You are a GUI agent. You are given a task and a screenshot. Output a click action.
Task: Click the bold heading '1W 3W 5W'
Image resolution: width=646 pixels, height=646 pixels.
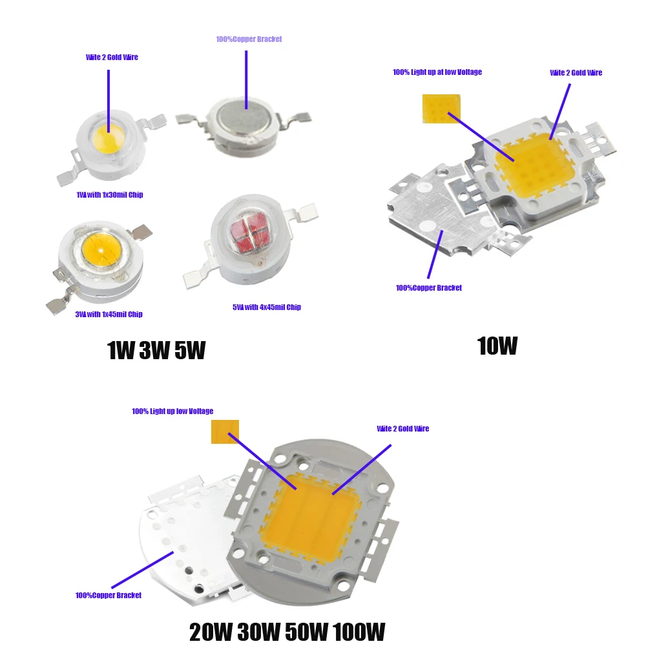coord(156,351)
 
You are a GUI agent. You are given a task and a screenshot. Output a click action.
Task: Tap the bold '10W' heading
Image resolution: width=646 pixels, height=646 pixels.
coord(497,346)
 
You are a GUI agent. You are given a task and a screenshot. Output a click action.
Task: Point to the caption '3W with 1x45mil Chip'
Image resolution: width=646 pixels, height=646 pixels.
coord(109,315)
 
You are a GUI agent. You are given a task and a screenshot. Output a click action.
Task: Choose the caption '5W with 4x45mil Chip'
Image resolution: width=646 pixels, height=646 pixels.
coord(267,307)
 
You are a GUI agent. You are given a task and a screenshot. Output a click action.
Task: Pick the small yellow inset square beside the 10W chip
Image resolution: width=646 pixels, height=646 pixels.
coord(441,109)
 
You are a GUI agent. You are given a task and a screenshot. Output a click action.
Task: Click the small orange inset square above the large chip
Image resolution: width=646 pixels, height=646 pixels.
coord(225,432)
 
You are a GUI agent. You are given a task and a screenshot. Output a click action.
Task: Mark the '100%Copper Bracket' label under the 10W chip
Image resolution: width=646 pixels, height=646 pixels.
coord(429,288)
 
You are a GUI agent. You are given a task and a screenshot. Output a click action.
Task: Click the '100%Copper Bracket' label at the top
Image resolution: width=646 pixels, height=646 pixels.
coord(249,39)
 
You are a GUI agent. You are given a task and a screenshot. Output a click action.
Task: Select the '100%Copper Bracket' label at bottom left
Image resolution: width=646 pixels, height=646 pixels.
coord(109,596)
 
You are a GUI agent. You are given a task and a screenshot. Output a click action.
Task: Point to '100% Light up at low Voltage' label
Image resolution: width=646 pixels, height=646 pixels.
coord(437,72)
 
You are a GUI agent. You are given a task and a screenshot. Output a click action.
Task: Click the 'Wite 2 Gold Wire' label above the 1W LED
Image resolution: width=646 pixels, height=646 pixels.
coord(112,57)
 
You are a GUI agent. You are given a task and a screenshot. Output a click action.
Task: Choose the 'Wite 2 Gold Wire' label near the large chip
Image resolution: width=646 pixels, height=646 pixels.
coord(403,429)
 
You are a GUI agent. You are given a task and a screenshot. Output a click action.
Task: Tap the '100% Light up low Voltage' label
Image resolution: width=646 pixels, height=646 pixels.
coord(172,412)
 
